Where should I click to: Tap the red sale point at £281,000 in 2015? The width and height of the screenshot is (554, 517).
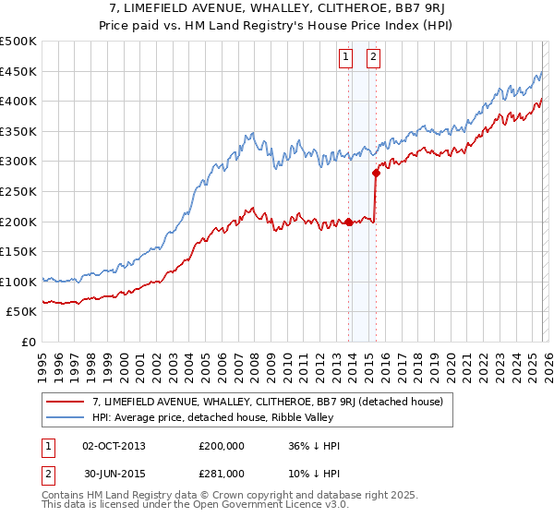coord(377,172)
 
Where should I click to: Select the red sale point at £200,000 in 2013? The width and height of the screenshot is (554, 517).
coord(349,222)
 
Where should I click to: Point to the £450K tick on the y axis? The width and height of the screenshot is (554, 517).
coord(18,71)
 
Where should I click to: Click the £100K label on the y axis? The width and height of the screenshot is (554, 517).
coord(18,282)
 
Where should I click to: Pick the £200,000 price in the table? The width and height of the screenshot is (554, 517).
coord(223,446)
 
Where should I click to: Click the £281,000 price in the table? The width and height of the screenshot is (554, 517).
coord(223,473)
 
